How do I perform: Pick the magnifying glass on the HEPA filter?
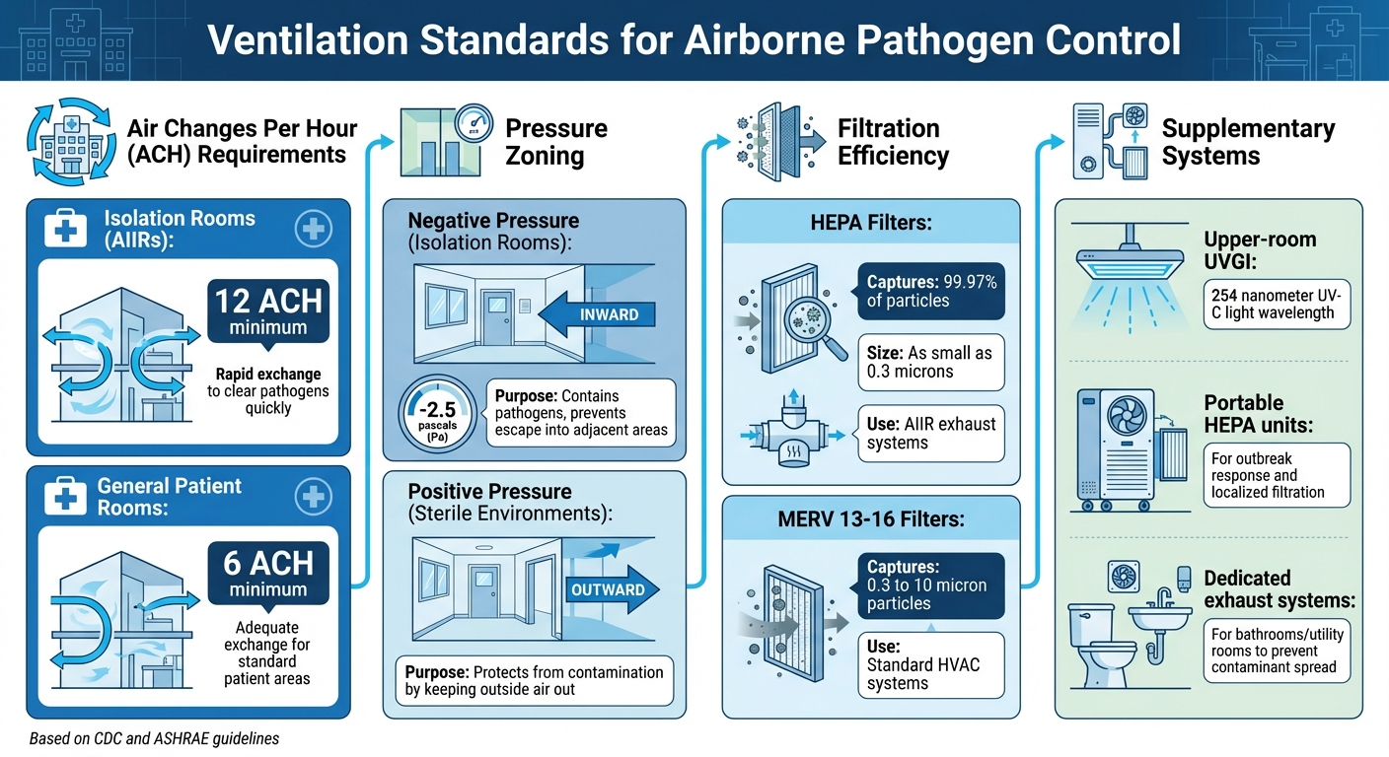click(x=818, y=327)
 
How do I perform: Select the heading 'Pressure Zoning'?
click(x=556, y=142)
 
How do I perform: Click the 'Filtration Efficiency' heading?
click(x=893, y=142)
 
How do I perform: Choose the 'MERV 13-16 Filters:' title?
click(x=871, y=518)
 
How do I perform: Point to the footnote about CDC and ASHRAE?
click(x=154, y=738)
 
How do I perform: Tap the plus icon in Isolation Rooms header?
click(x=313, y=230)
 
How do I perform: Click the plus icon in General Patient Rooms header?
click(x=313, y=497)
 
